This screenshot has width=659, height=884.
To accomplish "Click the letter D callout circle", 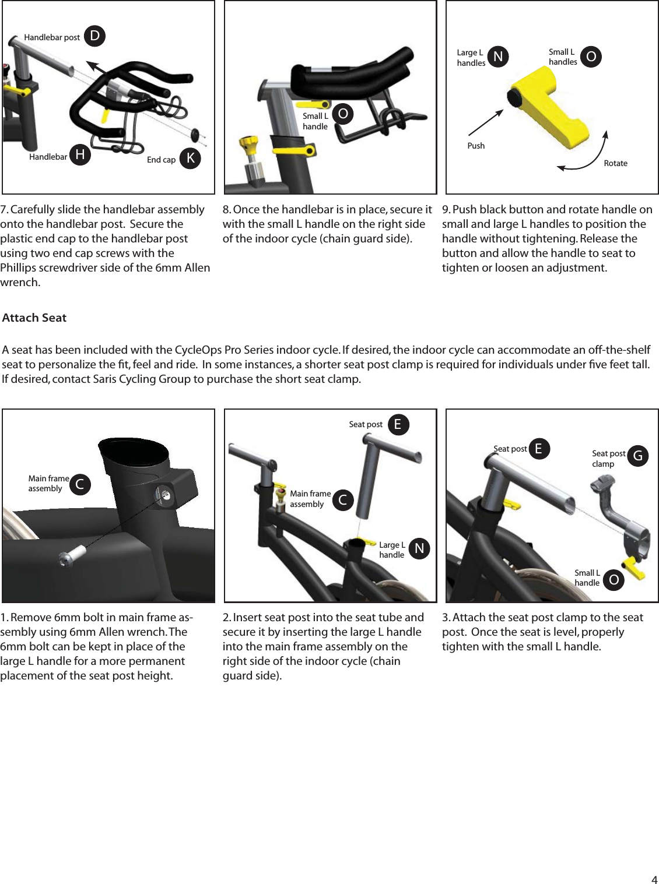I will [94, 36].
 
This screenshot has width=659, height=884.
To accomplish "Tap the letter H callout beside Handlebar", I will [80, 154].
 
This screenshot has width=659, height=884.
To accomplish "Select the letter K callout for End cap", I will [190, 158].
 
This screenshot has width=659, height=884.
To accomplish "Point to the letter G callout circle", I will [638, 456].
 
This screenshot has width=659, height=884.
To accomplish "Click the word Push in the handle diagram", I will [476, 146].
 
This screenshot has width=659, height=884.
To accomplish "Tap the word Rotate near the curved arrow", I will [615, 163].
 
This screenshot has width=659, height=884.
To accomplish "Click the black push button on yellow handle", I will [515, 97].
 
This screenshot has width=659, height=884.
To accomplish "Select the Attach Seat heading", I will [34, 318].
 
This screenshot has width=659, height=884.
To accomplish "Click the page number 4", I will [654, 879].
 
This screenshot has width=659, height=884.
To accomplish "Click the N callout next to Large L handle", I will [419, 548].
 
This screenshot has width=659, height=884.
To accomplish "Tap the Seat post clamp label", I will [608, 459].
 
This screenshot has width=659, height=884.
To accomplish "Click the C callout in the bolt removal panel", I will [80, 484].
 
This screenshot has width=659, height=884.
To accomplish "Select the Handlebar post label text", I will [52, 37].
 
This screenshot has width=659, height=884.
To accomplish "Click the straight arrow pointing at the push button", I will [485, 122].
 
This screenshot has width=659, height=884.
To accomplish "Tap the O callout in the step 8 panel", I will [343, 114].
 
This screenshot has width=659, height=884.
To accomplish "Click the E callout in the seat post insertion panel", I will [398, 424].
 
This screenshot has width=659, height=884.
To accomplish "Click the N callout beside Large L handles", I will [497, 57].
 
